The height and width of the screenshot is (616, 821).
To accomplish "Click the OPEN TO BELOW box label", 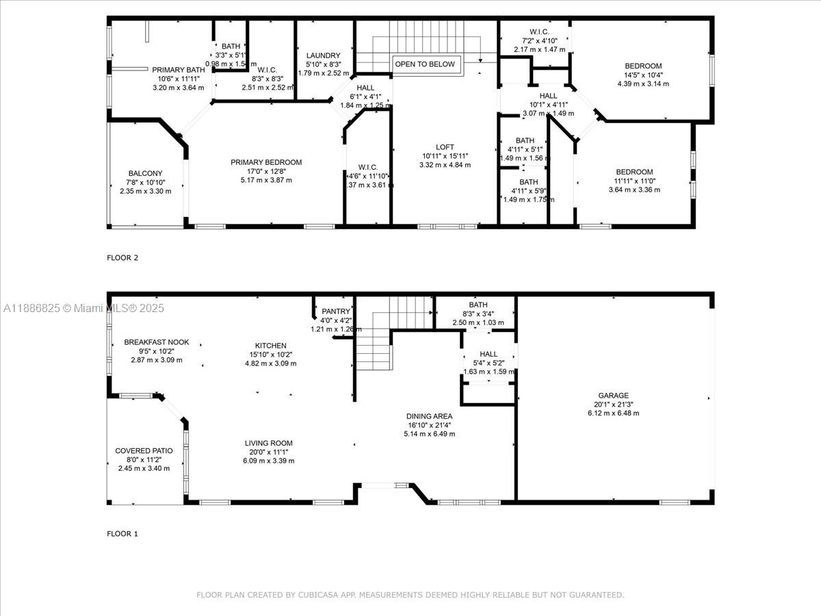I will (424, 64).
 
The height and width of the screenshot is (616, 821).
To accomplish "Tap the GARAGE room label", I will (613, 396).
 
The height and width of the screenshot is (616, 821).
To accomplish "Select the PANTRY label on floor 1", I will (335, 311).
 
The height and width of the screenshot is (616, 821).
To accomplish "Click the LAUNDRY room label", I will (324, 55).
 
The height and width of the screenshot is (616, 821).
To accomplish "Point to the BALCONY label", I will (145, 173).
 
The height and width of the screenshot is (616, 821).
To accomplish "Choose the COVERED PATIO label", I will (144, 450).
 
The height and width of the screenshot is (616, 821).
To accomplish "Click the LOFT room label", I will (445, 147).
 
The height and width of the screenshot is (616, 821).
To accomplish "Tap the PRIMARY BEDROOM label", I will (266, 162).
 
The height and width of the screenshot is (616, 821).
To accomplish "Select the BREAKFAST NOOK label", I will (157, 342).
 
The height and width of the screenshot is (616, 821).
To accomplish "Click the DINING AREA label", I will (429, 416).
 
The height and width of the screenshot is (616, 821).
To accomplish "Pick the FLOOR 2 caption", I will (122, 258).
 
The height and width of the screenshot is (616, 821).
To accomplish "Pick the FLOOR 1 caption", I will (122, 534).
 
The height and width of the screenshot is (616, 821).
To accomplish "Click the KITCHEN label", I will (271, 346).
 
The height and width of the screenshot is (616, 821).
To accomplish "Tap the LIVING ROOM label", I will (269, 444).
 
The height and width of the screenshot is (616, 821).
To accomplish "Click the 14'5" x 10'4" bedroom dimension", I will (643, 75).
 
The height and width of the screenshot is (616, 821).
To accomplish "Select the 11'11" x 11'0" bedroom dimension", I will (634, 181).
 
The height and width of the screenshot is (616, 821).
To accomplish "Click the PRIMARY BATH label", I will (178, 70).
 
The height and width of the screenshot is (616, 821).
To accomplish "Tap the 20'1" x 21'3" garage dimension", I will (614, 404).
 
